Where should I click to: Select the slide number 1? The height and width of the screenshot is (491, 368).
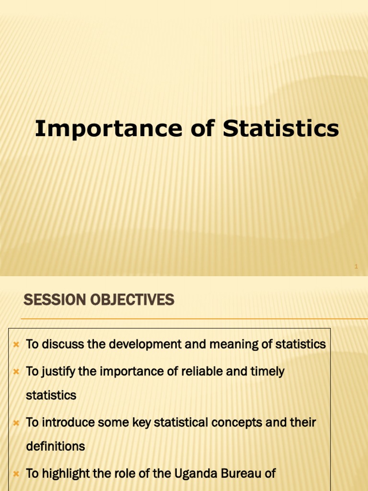coord(356,266)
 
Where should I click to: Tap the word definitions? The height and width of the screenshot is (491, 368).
coord(55,446)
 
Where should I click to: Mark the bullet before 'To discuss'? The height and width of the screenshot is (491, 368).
coord(16,345)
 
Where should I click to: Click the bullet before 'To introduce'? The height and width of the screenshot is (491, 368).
coord(16,423)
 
